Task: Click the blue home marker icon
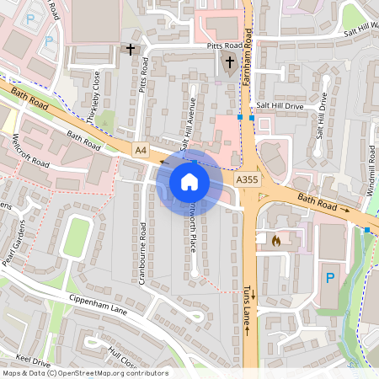(x=189, y=181)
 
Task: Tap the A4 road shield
(x=141, y=150)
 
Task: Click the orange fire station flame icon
(x=275, y=240)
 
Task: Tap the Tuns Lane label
(x=248, y=307)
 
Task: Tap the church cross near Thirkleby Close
(x=131, y=50)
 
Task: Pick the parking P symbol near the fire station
(x=329, y=276)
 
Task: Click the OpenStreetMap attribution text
(x=84, y=373)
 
